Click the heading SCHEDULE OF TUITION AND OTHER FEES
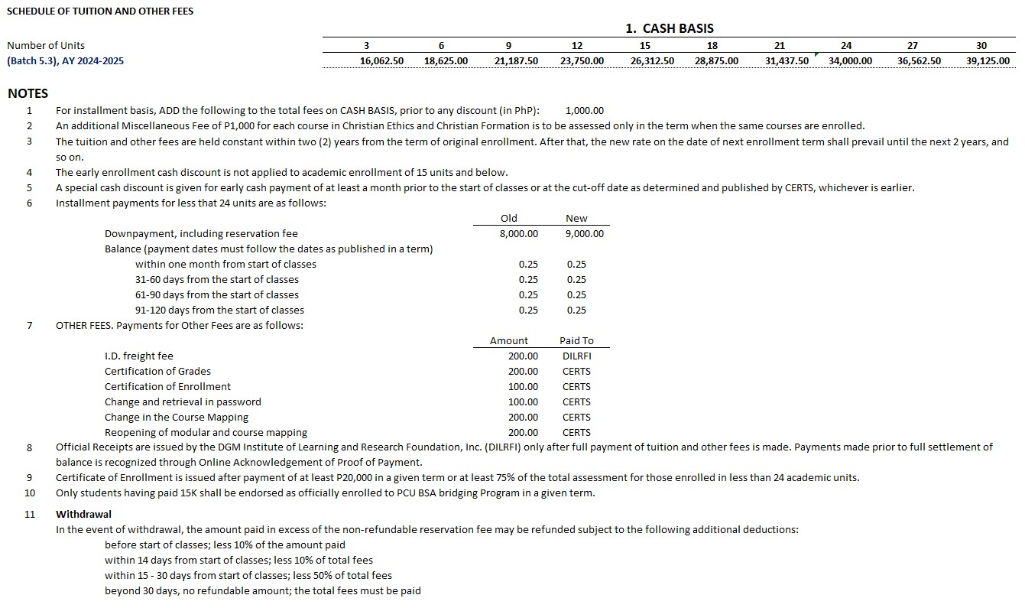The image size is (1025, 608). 100,11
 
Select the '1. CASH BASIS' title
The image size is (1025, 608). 669,29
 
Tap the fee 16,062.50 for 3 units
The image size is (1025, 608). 381,61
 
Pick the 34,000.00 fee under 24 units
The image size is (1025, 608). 850,61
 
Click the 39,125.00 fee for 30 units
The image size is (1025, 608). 988,61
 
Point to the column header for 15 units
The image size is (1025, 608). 644,46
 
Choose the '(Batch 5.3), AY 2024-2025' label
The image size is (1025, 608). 65,61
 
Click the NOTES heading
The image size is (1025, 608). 28,93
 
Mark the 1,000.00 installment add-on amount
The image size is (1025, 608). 585,111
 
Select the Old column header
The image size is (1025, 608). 508,219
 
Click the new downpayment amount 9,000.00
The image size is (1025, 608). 584,234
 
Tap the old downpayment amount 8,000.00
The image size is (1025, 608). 518,234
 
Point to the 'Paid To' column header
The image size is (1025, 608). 576,341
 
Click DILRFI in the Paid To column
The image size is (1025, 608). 576,356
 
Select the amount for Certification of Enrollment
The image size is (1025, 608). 523,387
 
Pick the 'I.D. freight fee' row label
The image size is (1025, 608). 139,356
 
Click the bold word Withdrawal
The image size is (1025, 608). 83,515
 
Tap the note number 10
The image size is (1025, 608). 30,493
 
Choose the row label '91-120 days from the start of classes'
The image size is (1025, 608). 219,311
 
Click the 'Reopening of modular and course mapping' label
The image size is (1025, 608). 206,433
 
